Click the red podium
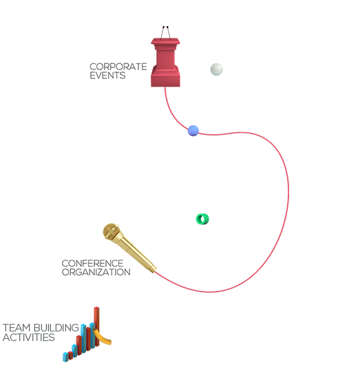(165, 62)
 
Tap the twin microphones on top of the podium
(165, 33)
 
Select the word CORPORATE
(118, 67)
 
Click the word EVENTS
(107, 76)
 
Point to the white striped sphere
(217, 69)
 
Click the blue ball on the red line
(193, 131)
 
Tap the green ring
(202, 219)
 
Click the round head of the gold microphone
(111, 232)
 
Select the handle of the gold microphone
(136, 254)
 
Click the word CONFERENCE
(92, 263)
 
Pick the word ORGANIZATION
(96, 272)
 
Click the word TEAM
(17, 328)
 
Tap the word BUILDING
(56, 328)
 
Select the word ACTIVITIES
(29, 338)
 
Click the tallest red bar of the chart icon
(96, 326)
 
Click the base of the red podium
(165, 80)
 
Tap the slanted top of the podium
(165, 41)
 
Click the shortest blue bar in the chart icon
(65, 357)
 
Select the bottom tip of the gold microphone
(154, 270)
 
